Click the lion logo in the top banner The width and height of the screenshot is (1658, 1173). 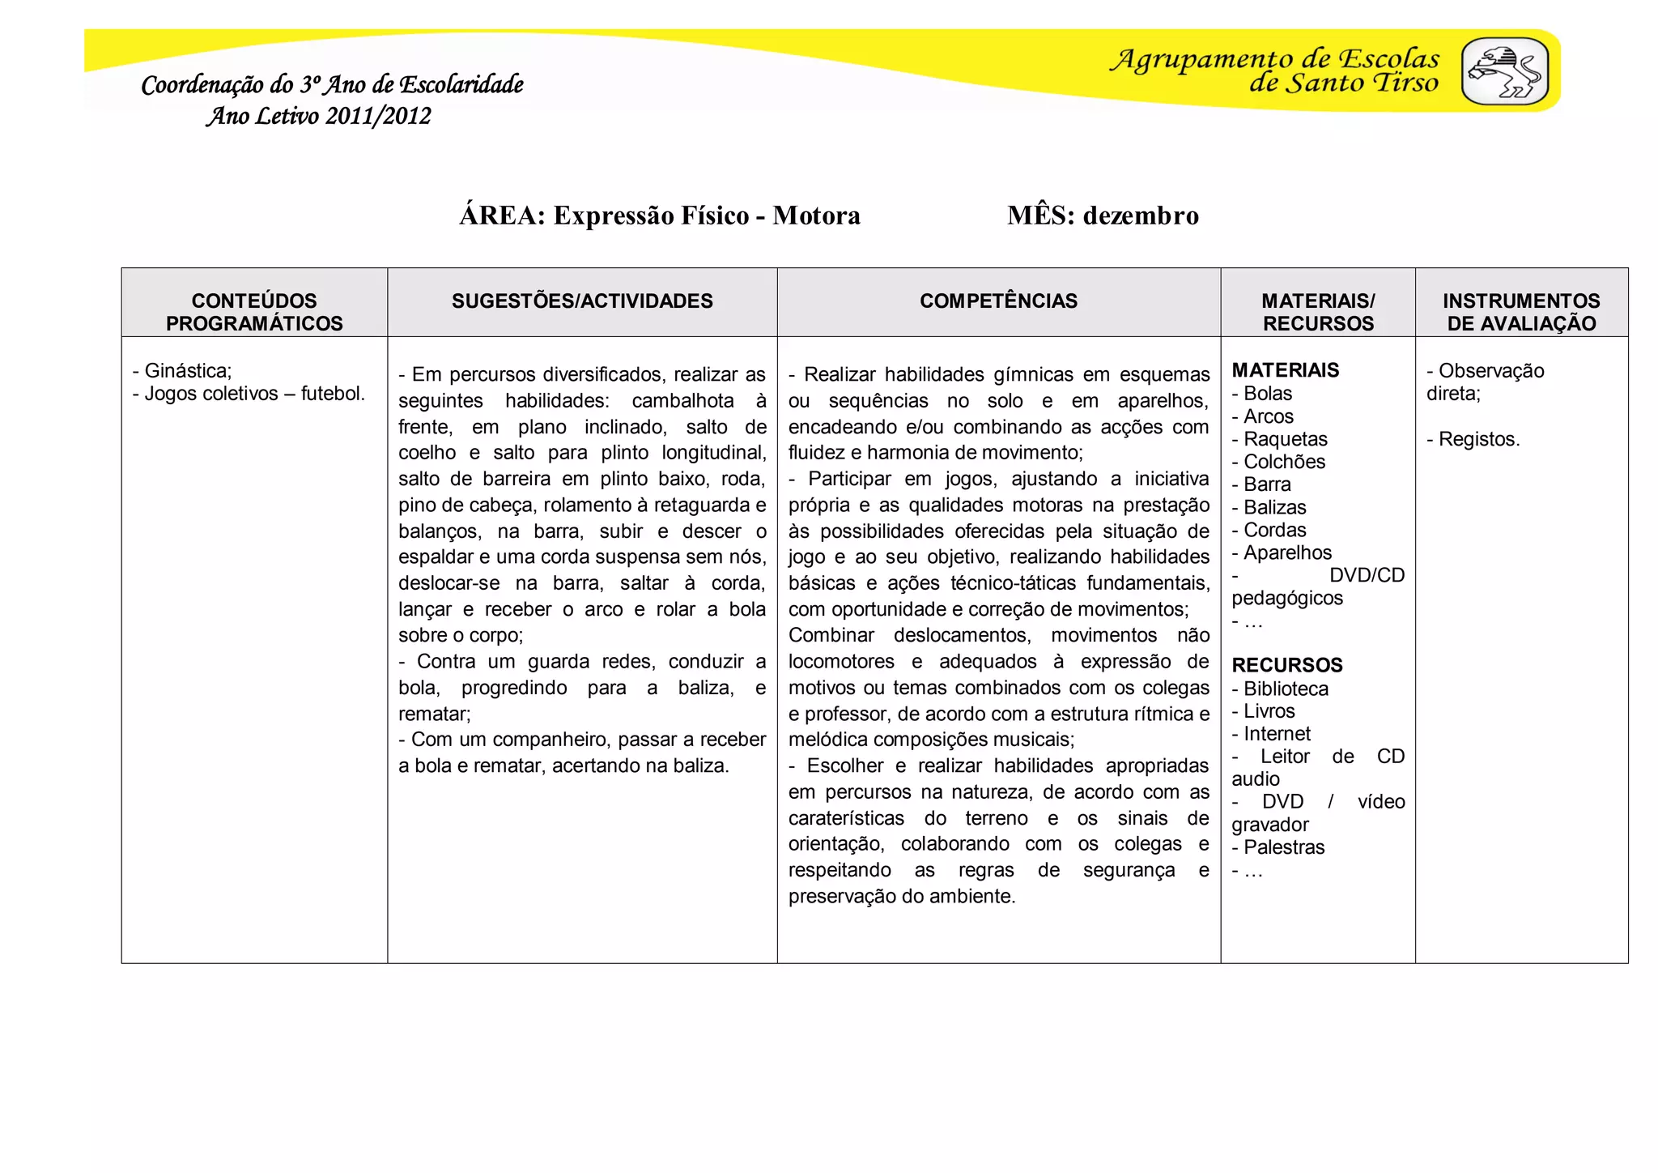(1504, 71)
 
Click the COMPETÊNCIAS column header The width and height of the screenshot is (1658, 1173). (998, 301)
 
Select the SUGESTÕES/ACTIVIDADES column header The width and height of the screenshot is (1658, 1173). (582, 301)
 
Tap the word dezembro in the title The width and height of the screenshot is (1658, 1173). (1141, 215)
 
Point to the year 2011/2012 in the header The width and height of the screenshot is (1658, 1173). (378, 117)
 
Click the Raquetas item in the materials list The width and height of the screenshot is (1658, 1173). (1286, 439)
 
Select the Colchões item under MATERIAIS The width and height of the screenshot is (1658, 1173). (1285, 462)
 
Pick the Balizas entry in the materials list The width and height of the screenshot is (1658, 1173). (1275, 507)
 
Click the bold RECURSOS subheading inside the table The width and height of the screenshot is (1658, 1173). (1287, 665)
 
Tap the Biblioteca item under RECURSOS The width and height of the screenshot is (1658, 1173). (1286, 689)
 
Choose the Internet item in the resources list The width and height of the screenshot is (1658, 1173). (1277, 734)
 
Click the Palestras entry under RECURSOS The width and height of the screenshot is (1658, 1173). (1284, 847)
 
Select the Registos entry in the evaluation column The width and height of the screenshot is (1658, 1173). (1478, 439)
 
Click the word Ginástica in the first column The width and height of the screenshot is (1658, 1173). (187, 371)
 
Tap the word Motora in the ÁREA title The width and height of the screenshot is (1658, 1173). (816, 215)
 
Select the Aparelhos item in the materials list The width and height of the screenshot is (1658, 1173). (1287, 552)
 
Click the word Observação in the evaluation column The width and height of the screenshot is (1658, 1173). (1491, 371)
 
